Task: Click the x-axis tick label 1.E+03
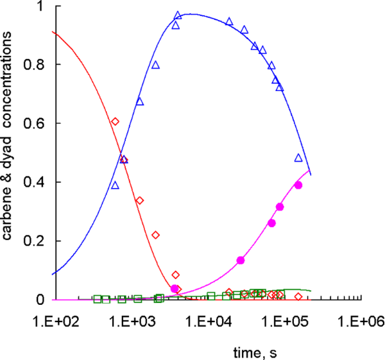[x=134, y=316]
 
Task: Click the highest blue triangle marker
[x=178, y=15]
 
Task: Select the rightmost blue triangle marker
[x=298, y=158]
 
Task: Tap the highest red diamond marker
[x=116, y=121]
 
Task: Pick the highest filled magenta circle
[x=298, y=185]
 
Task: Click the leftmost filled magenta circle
[x=175, y=289]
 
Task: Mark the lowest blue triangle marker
[x=115, y=185]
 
